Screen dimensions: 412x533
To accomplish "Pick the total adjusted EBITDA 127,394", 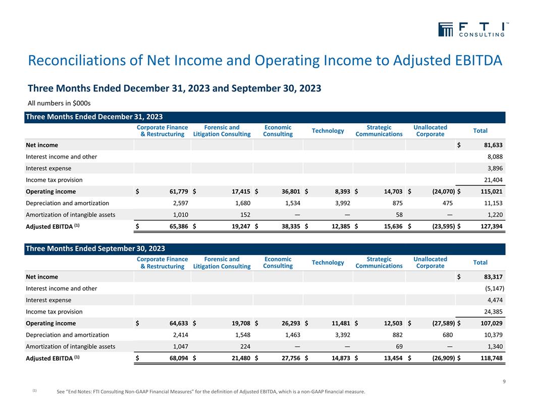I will [x=490, y=227].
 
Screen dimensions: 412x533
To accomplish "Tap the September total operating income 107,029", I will [x=490, y=324].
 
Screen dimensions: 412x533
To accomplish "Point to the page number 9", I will [x=504, y=381].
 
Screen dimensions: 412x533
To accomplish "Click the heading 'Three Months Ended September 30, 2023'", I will [x=95, y=249].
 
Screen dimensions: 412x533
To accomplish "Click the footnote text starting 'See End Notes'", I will [x=211, y=392].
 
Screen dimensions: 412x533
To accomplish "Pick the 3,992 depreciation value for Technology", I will [x=340, y=203].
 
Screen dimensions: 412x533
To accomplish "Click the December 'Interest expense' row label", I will [x=48, y=169].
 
